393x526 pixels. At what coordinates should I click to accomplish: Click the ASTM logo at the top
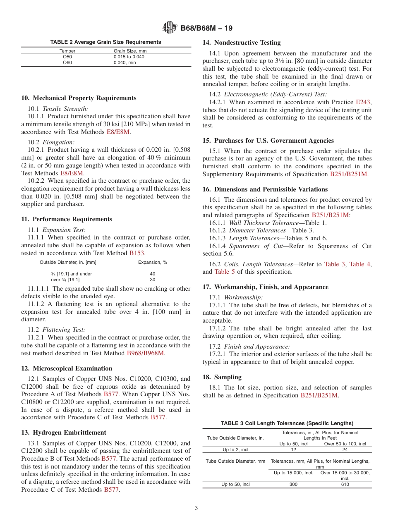pyautogui.click(x=169, y=29)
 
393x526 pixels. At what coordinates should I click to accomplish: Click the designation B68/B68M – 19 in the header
pyautogui.click(x=206, y=29)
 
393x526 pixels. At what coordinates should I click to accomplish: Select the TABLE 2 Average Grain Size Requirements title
pyautogui.click(x=105, y=42)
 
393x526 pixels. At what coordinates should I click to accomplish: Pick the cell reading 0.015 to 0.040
pyautogui.click(x=129, y=57)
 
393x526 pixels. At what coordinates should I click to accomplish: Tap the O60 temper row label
pyautogui.click(x=67, y=62)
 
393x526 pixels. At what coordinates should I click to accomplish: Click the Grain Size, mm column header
pyautogui.click(x=130, y=51)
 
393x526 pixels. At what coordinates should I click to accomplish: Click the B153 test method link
pyautogui.click(x=137, y=253)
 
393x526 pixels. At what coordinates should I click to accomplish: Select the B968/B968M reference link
pyautogui.click(x=145, y=353)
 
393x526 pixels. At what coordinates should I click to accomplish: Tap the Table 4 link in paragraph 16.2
pyautogui.click(x=359, y=264)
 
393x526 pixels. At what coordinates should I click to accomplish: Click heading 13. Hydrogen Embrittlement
pyautogui.click(x=64, y=433)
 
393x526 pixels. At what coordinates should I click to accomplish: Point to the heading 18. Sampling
pyautogui.click(x=222, y=377)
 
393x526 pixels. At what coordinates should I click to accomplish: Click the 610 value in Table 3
pyautogui.click(x=345, y=484)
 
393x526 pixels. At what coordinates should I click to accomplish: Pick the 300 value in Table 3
pyautogui.click(x=293, y=484)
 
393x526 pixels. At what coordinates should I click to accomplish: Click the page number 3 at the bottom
pyautogui.click(x=196, y=508)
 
